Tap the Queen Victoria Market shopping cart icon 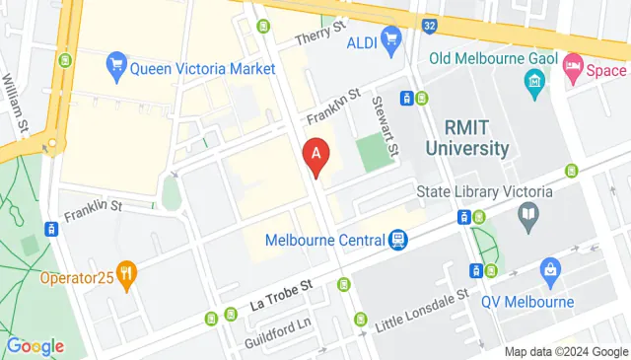click(115, 66)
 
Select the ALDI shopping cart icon click(391, 39)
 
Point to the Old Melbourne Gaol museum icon click(536, 79)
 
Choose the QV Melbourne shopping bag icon click(550, 267)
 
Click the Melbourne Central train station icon click(397, 240)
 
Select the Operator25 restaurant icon click(125, 275)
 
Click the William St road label click(16, 96)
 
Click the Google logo click(35, 346)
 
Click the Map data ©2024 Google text click(566, 352)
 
